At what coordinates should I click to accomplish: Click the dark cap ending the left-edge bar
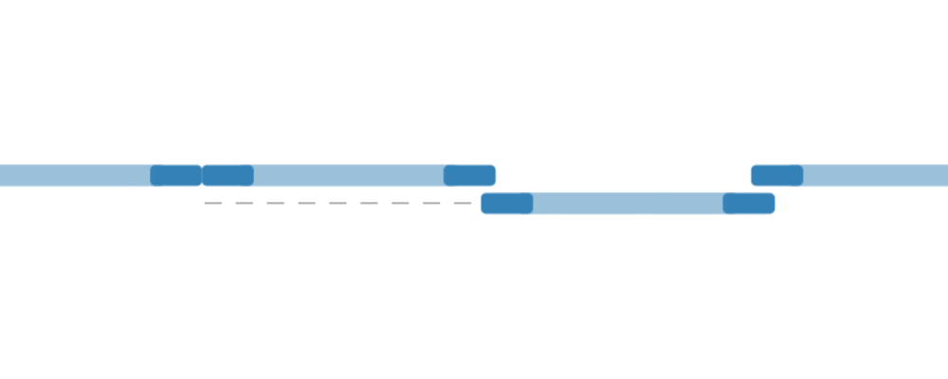pyautogui.click(x=175, y=175)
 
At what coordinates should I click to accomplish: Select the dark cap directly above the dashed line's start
pyautogui.click(x=228, y=175)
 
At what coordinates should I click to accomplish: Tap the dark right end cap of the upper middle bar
pyautogui.click(x=469, y=175)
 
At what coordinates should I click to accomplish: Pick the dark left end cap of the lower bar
pyautogui.click(x=507, y=203)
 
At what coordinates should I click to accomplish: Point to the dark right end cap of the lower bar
pyautogui.click(x=749, y=203)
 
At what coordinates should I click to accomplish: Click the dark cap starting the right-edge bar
pyautogui.click(x=777, y=175)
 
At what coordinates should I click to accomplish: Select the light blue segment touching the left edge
pyautogui.click(x=76, y=175)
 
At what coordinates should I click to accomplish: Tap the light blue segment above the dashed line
pyautogui.click(x=349, y=175)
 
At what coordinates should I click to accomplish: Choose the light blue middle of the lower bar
pyautogui.click(x=628, y=203)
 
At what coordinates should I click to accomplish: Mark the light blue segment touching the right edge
pyautogui.click(x=874, y=175)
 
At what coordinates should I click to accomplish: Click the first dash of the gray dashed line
pyautogui.click(x=213, y=203)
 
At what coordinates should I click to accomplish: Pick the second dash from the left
pyautogui.click(x=245, y=203)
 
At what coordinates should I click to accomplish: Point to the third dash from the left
pyautogui.click(x=276, y=203)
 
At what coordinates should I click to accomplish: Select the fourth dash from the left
pyautogui.click(x=307, y=203)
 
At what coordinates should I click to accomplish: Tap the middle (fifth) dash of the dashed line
pyautogui.click(x=338, y=203)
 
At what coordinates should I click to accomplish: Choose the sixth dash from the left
pyautogui.click(x=370, y=203)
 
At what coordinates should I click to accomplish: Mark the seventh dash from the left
pyautogui.click(x=401, y=203)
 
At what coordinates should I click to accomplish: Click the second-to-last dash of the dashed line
pyautogui.click(x=432, y=203)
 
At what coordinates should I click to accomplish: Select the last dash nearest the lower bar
pyautogui.click(x=464, y=203)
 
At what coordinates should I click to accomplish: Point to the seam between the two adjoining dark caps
pyautogui.click(x=202, y=175)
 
